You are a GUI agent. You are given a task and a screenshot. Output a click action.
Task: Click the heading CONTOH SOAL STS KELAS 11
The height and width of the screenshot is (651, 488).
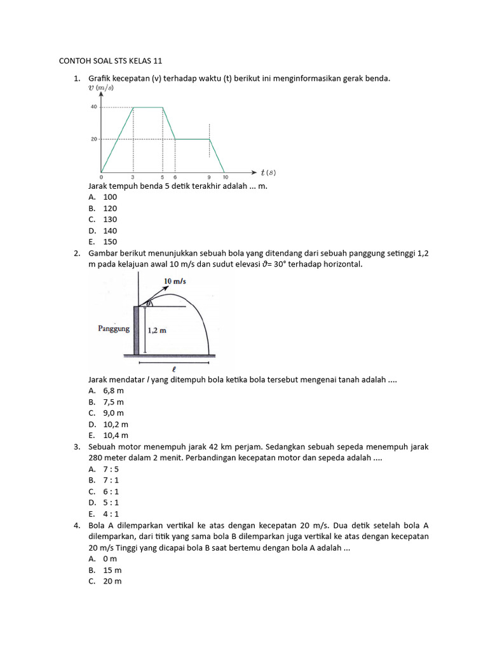coord(111,61)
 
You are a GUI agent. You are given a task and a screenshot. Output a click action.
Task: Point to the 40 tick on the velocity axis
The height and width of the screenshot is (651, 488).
coord(93,107)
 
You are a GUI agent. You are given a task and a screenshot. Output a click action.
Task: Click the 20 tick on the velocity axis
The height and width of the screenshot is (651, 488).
coord(93,139)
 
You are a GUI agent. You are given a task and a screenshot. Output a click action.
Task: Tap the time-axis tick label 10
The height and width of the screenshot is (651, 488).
coord(225,177)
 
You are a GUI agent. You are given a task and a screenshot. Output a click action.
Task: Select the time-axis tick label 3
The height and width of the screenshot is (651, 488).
coord(132,177)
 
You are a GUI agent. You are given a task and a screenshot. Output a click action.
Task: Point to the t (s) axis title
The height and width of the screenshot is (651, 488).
coord(268,172)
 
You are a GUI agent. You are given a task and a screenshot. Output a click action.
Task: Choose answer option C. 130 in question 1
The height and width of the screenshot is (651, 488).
coord(103,219)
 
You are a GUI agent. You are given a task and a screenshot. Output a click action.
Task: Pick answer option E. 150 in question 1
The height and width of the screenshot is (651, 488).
coord(103,242)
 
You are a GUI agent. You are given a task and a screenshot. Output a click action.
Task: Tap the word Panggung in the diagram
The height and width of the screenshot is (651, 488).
coord(114,329)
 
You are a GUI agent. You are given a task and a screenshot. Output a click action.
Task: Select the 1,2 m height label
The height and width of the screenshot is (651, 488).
coord(158,331)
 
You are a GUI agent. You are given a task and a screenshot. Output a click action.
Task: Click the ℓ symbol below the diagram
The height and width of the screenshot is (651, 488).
coord(173,368)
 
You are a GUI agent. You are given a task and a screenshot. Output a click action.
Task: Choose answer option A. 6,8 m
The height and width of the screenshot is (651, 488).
coord(106,391)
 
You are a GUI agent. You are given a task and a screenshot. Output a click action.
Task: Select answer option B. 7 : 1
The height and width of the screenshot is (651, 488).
coord(104,481)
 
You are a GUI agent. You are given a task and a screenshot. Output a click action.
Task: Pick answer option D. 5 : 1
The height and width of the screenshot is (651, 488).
coord(104,503)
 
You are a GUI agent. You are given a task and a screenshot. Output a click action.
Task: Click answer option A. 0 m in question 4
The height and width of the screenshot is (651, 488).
coord(103,559)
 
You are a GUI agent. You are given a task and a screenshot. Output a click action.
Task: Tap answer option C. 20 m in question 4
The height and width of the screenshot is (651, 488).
coord(105,581)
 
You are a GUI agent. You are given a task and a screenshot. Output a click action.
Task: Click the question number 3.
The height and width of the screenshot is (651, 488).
coord(76,447)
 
